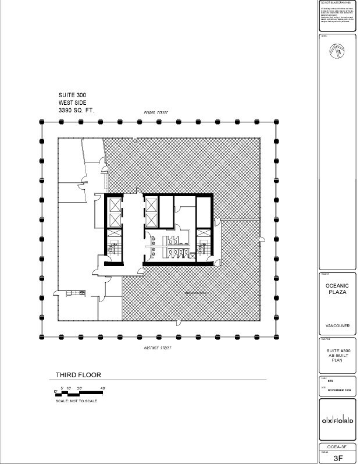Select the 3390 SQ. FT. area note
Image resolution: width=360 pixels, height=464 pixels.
point(76,109)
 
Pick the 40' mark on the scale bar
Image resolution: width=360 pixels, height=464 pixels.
point(102,388)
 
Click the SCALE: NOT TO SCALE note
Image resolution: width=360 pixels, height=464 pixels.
point(76,401)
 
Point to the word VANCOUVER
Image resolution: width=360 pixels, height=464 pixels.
point(337,325)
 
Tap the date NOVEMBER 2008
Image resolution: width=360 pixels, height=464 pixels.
point(340,390)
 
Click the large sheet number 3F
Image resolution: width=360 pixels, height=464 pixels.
point(338,458)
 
